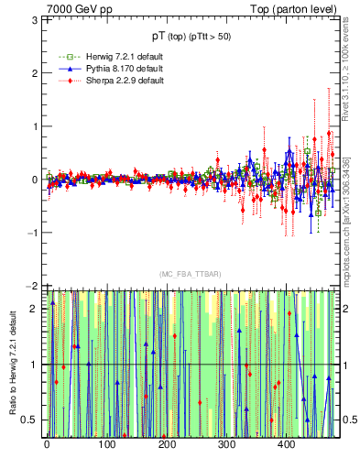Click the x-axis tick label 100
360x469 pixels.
106,445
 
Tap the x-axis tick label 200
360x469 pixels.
167,445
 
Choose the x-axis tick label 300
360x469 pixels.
226,445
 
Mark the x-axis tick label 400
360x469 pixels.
286,445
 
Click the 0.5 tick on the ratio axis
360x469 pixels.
30,420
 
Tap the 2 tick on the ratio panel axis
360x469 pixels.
35,309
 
